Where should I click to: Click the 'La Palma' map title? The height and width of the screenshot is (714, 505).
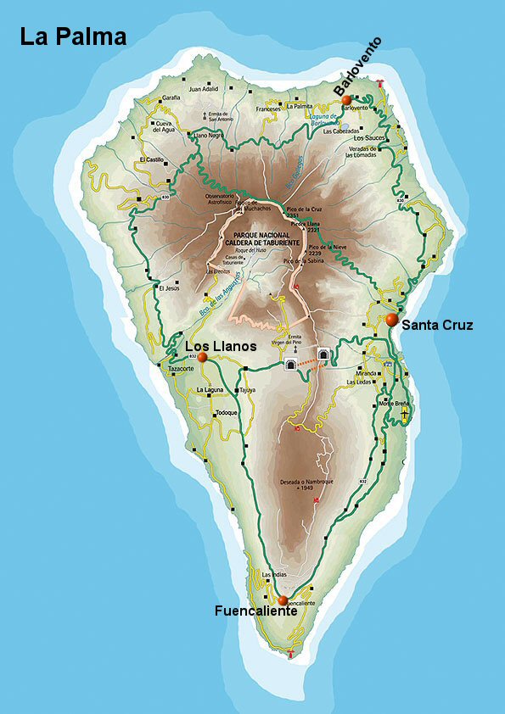click(x=74, y=37)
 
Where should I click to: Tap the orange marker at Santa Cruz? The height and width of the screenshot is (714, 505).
click(x=391, y=320)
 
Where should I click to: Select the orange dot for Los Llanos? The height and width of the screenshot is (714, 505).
click(x=202, y=358)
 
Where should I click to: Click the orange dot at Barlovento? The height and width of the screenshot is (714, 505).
click(x=346, y=100)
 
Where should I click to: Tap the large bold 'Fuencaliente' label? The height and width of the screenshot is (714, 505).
click(x=255, y=611)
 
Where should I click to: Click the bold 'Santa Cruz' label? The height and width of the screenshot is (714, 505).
click(x=437, y=325)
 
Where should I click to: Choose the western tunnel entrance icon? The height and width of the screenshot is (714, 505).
click(x=290, y=364)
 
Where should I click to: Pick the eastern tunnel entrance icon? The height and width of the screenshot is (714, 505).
click(x=323, y=354)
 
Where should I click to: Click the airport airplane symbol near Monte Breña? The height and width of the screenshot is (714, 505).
click(x=406, y=416)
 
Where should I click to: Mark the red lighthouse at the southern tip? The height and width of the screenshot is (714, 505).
click(x=292, y=653)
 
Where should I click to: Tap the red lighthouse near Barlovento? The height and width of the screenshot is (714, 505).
click(x=384, y=83)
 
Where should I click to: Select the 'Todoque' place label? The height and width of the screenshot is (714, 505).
click(x=226, y=412)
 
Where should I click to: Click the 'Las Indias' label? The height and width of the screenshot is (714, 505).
click(x=274, y=575)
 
